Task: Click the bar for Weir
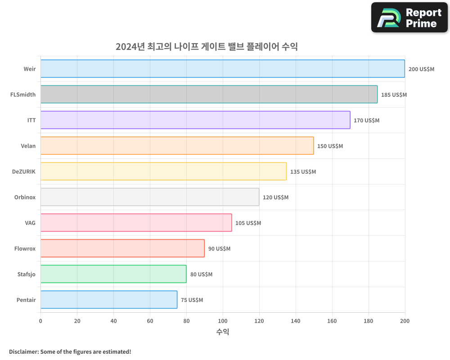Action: click(x=223, y=69)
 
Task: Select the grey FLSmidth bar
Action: click(x=209, y=94)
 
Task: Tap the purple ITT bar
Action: click(x=195, y=120)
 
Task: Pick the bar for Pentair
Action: click(x=109, y=300)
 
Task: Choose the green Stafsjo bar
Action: click(x=113, y=274)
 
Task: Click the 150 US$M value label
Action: click(x=330, y=146)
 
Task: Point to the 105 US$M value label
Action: click(x=248, y=223)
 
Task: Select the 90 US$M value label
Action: click(x=219, y=249)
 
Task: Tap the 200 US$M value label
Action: click(x=421, y=69)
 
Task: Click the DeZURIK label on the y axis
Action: click(x=24, y=171)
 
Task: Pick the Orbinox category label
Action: click(x=25, y=197)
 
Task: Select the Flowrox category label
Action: click(x=25, y=248)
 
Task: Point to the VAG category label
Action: click(x=30, y=223)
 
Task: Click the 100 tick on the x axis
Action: click(x=223, y=321)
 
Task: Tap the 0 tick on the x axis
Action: click(x=40, y=321)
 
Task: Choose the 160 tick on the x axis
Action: click(x=332, y=321)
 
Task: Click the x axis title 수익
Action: click(x=223, y=332)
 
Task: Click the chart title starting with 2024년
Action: click(x=207, y=46)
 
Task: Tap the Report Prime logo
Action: click(x=409, y=18)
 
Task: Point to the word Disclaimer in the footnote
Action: click(x=23, y=351)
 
